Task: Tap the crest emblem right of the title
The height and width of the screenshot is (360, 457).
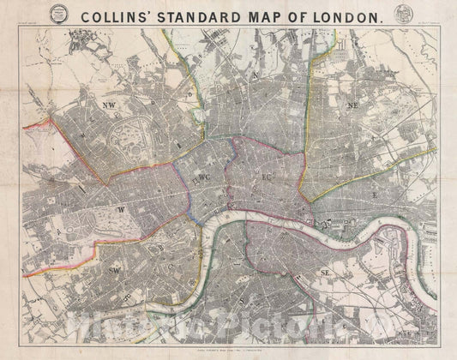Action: pos(400,15)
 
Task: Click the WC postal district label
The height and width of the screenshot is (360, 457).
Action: pos(204,177)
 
